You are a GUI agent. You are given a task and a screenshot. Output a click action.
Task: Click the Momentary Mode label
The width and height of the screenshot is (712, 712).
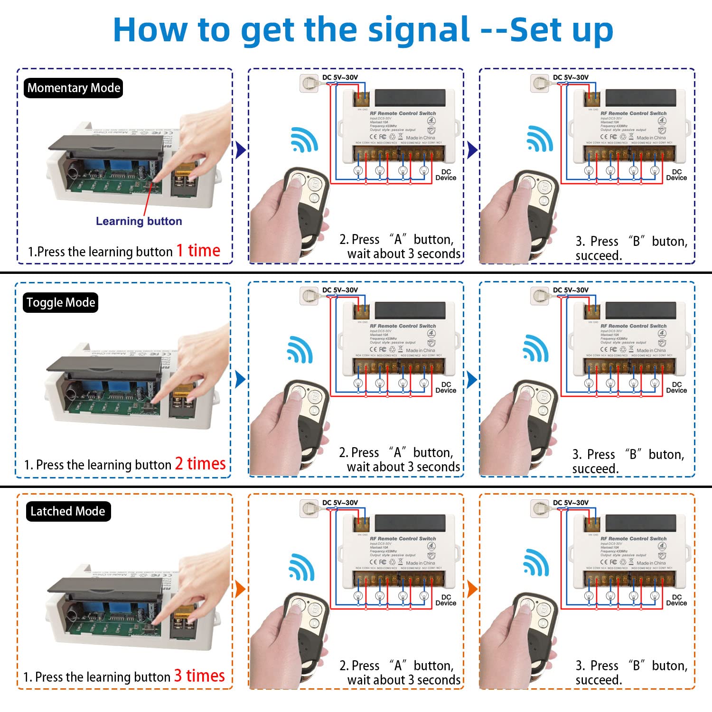coord(74,88)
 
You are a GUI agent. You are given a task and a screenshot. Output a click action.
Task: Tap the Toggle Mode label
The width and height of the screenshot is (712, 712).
coord(61,303)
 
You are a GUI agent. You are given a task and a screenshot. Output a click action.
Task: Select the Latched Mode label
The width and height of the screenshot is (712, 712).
coord(68,512)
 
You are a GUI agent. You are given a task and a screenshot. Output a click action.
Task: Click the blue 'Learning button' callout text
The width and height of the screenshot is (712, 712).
coord(139,221)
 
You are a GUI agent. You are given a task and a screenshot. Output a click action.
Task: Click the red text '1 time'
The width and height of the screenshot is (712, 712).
coord(198,251)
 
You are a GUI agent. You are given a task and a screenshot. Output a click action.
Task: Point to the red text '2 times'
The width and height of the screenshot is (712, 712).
coord(200,464)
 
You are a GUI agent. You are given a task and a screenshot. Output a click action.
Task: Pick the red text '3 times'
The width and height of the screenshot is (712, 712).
coord(199,676)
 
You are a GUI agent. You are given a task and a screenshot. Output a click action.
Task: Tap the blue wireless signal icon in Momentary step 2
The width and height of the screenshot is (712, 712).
coord(304,140)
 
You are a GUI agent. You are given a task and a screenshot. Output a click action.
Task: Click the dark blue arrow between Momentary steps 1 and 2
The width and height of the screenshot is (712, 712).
coord(241,150)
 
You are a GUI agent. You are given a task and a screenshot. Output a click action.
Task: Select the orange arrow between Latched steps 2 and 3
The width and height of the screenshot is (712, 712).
coord(472,589)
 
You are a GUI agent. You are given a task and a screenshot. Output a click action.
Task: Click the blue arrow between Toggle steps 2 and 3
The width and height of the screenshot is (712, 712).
coord(472,379)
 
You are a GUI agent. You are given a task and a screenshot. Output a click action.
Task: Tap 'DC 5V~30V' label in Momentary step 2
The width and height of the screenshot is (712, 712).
coord(340,77)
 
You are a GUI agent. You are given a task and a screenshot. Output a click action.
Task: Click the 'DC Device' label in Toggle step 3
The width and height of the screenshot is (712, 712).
coord(676,387)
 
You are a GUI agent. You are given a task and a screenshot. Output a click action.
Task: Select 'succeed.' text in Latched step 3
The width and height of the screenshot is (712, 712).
coord(599,680)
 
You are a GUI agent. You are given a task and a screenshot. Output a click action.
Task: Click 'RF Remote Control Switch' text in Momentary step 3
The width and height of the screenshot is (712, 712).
coord(633,113)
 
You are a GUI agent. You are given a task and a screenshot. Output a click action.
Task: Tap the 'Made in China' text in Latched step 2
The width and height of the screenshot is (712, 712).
coord(420,563)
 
